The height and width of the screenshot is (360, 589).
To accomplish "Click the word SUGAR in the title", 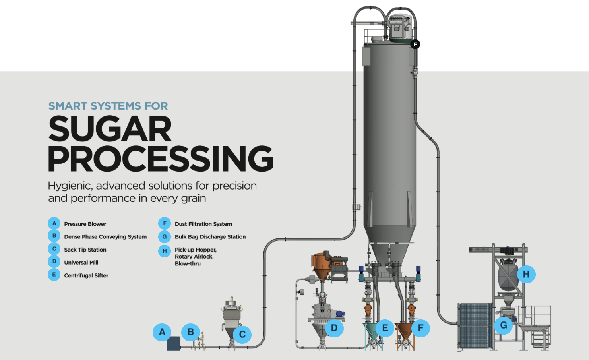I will [x=110, y=129].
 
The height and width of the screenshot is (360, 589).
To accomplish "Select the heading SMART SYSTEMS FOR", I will [x=108, y=106].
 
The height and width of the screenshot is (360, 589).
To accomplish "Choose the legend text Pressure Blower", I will [x=85, y=224].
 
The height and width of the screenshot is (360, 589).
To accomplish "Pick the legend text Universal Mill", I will [x=81, y=263].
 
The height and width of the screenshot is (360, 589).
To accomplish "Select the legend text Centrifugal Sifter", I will [x=86, y=276].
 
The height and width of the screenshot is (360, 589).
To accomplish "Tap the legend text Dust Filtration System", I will [x=203, y=224].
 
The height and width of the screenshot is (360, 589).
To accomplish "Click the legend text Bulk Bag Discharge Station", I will [x=210, y=237].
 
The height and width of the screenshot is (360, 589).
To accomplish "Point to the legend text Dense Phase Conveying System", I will [x=105, y=237].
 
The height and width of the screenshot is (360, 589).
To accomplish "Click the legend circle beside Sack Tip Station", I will [x=54, y=249].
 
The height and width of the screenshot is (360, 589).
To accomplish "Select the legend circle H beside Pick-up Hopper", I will [x=165, y=251].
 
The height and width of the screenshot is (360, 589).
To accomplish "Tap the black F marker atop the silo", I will [x=415, y=44].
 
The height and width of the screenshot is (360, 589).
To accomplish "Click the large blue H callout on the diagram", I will [x=526, y=274].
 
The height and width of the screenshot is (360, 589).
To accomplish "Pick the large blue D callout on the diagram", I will [x=334, y=328].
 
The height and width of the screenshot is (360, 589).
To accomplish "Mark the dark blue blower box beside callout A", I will [x=173, y=344].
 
